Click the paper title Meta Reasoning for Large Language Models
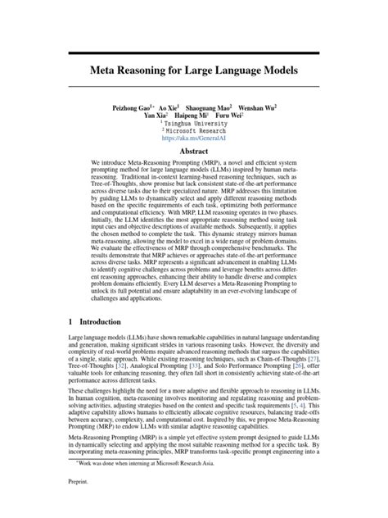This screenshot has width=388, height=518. (194, 71)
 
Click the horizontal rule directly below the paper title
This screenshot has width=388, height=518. (194, 89)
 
